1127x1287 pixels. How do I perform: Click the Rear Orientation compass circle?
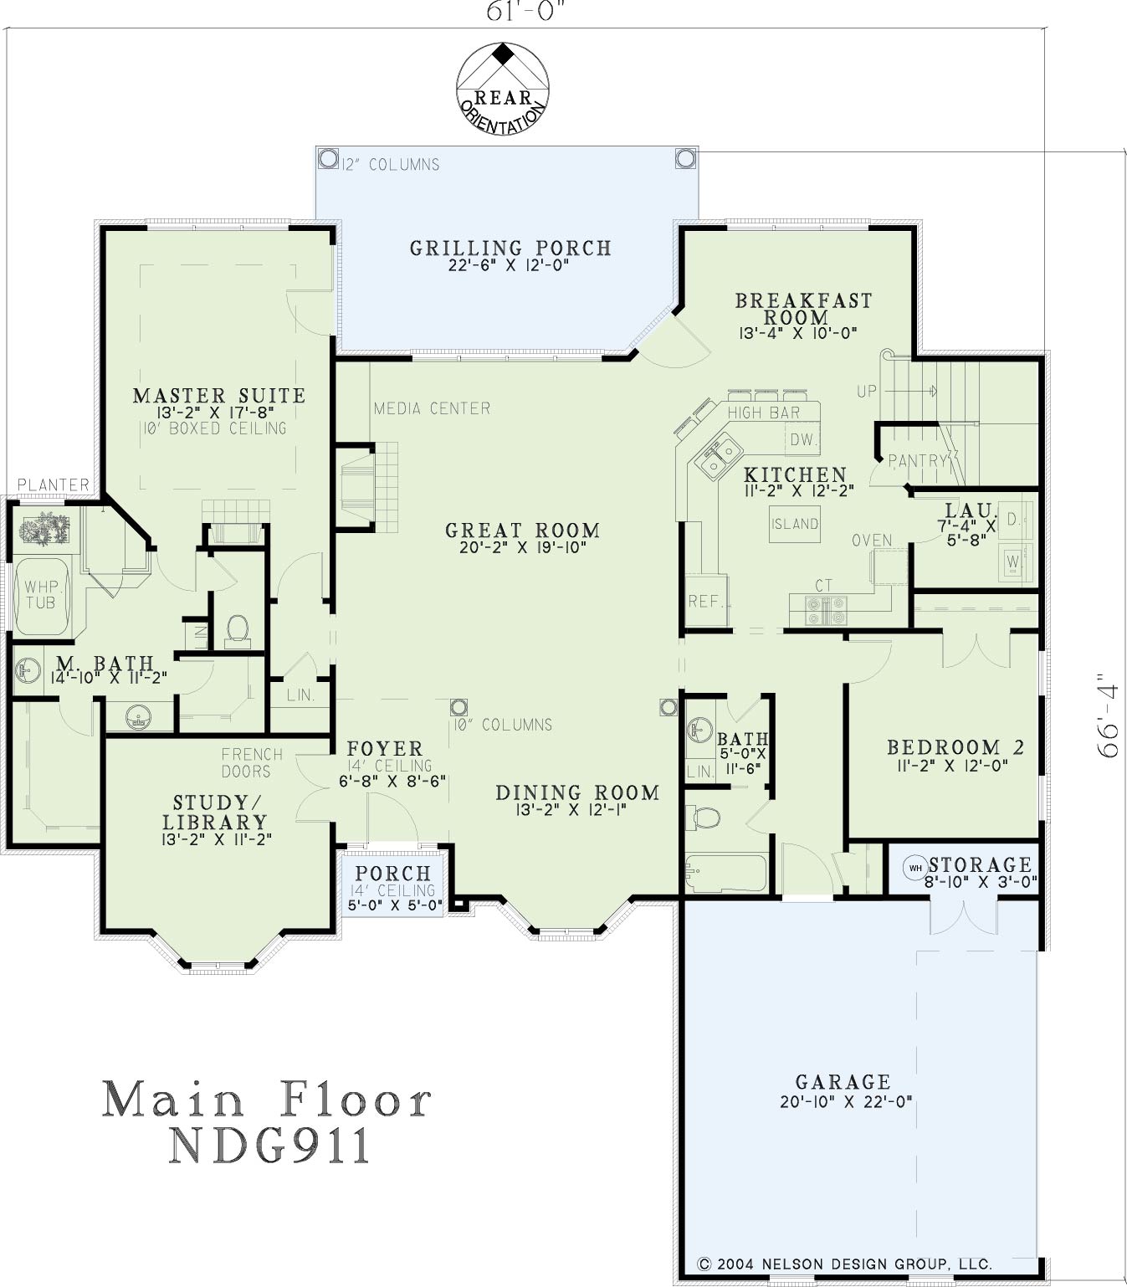(457, 87)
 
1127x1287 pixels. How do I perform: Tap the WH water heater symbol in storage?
(915, 868)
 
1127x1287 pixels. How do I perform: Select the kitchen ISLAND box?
(795, 523)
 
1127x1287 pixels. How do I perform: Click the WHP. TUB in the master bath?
(42, 596)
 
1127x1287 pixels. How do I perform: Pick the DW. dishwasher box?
(802, 439)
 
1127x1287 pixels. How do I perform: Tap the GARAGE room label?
(843, 1082)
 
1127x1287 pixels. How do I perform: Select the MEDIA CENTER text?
(432, 409)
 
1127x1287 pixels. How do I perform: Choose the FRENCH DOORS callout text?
(252, 762)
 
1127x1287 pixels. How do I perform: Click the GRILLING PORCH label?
(510, 248)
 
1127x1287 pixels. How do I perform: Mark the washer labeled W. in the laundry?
(1013, 562)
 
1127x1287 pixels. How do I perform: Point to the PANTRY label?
(918, 460)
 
